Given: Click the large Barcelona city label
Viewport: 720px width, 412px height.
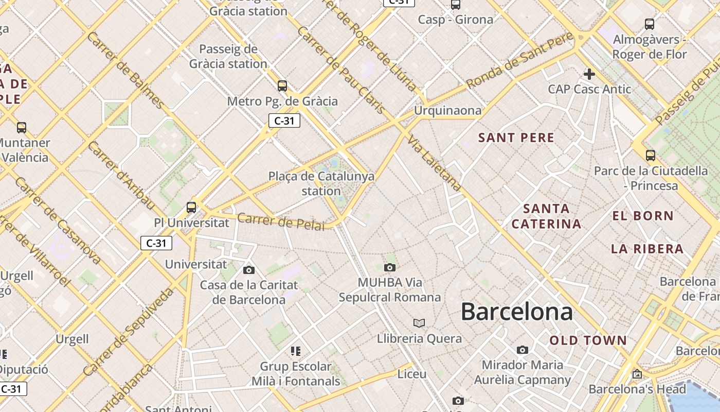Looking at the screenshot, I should pos(516,312).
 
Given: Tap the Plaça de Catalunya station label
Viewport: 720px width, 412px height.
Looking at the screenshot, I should pos(321,183).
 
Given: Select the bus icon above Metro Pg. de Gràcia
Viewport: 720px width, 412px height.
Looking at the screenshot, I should pos(282,85).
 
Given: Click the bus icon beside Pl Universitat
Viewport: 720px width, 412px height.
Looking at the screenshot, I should pos(191,208).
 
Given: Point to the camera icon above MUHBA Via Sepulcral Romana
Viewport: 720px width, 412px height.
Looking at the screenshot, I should pos(390,267).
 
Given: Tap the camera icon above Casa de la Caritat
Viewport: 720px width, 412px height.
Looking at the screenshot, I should pos(249,270).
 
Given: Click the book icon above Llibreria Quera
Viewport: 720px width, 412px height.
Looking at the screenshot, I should pos(419,323).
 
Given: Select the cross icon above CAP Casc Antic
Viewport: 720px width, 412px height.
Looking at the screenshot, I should pos(589,74).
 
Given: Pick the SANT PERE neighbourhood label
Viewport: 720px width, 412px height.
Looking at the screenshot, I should pos(516,138).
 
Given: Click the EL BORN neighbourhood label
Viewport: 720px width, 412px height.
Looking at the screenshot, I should pos(643,216).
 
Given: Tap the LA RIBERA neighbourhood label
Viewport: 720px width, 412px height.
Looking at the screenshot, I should pos(647,249).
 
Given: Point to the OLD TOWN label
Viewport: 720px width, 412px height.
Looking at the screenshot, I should pos(588,340).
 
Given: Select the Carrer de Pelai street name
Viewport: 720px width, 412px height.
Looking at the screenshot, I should pos(281,221).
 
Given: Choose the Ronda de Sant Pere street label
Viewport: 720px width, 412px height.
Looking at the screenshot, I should pos(519,60).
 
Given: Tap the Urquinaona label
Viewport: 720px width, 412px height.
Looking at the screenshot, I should pos(448,110).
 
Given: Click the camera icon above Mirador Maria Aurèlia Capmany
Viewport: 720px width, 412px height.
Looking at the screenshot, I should pos(523,350).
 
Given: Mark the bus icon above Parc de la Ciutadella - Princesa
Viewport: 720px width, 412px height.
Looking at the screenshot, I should pos(650,155).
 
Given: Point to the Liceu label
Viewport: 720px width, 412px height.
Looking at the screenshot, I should pos(412,374).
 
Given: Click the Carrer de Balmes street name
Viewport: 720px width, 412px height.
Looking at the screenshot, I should pos(125,71).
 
